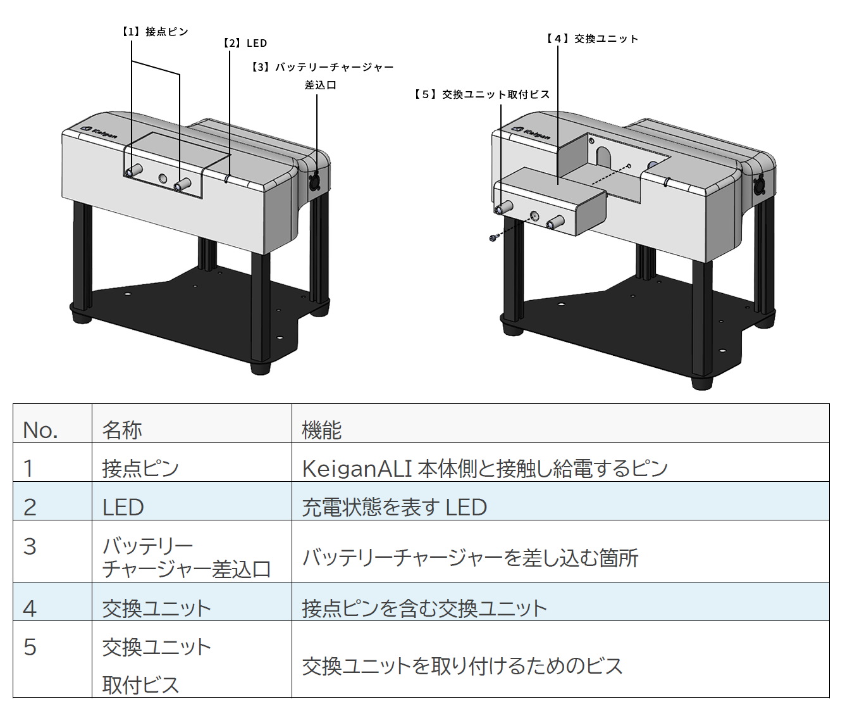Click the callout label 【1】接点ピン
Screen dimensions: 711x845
(155, 32)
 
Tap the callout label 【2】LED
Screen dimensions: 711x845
(245, 43)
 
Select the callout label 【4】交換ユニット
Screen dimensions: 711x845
(592, 39)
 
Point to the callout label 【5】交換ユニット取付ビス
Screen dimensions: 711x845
(482, 94)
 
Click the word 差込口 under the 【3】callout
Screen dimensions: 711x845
(321, 85)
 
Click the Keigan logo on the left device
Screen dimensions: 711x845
(99, 132)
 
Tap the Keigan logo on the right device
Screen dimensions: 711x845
(531, 133)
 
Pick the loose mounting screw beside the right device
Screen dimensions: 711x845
(493, 237)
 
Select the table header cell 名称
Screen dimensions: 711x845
(122, 430)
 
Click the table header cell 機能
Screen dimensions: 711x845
(322, 430)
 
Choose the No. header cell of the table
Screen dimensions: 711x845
(40, 430)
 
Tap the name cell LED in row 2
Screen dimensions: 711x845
(123, 507)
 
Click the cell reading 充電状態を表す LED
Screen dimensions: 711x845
(395, 507)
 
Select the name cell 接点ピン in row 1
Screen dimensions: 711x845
(140, 469)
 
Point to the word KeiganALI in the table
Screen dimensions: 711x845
(357, 469)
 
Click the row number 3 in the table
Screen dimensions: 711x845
(30, 546)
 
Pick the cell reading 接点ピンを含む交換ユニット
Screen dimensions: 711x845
(424, 608)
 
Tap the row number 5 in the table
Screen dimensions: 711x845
(30, 647)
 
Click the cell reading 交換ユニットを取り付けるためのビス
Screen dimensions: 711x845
(462, 666)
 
